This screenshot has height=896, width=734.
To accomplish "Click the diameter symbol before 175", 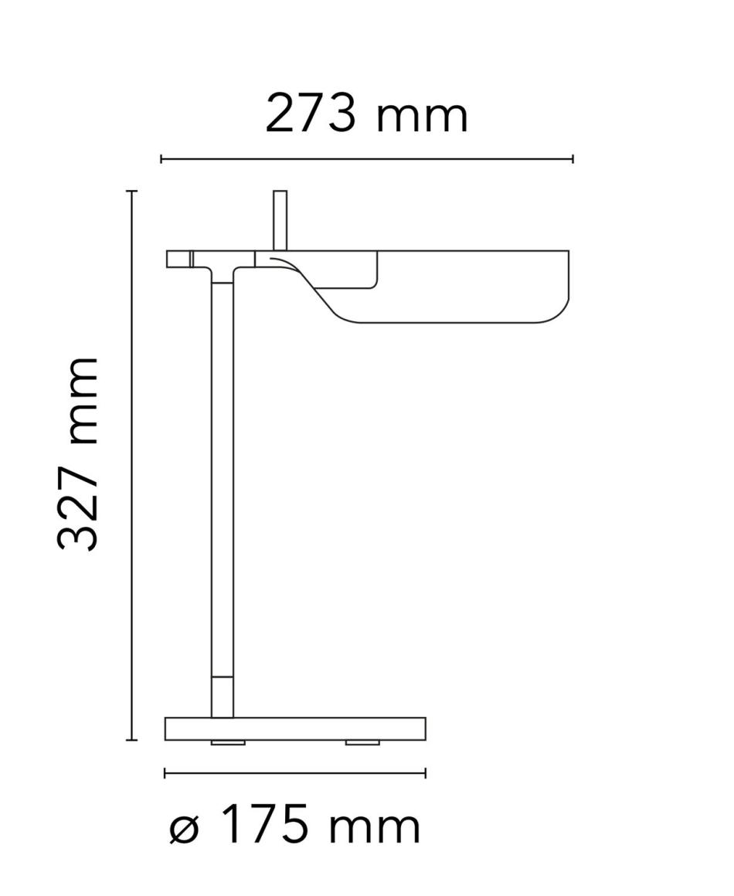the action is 184,830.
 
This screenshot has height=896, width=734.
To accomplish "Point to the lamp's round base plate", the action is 295,728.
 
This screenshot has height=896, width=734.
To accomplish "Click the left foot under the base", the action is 228,742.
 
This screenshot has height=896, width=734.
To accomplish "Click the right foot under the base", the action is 362,742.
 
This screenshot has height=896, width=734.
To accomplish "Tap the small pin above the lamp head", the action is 280,220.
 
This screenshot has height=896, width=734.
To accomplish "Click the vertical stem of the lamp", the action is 222,497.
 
